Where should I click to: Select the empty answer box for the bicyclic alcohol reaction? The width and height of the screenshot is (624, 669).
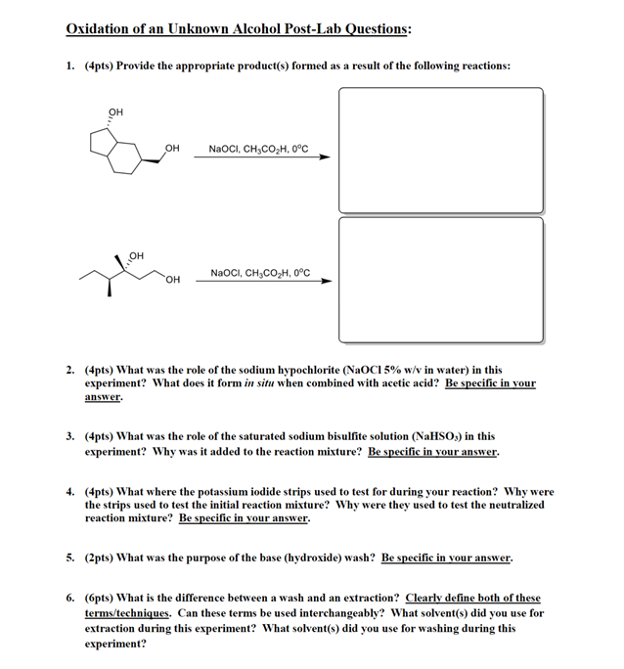pyautogui.click(x=440, y=149)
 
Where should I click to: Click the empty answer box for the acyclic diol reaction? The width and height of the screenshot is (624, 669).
pyautogui.click(x=440, y=279)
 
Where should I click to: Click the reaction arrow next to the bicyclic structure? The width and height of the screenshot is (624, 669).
pyautogui.click(x=262, y=156)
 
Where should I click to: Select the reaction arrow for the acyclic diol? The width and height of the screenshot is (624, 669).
pyautogui.click(x=262, y=281)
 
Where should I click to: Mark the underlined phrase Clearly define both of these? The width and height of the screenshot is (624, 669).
pyautogui.click(x=473, y=598)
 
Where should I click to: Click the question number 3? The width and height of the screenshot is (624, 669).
pyautogui.click(x=70, y=437)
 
